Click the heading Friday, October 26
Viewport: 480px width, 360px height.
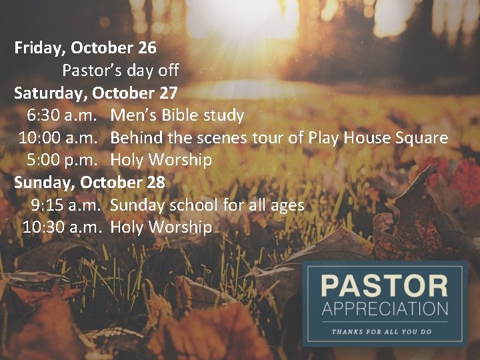85,48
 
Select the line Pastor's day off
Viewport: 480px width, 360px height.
121,70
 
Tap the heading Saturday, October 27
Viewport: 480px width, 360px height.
96,93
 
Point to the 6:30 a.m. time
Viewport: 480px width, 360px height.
63,115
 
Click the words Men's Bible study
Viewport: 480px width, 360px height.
177,115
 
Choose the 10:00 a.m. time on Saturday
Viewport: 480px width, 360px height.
59,138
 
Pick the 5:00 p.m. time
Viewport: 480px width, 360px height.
63,160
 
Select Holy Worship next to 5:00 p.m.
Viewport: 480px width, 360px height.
161,160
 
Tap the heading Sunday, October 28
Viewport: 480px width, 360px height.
89,182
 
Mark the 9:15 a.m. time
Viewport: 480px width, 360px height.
65,205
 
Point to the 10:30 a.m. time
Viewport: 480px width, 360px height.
61,227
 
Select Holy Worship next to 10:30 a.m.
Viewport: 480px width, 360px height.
161,227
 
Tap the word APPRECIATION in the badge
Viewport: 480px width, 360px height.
384,309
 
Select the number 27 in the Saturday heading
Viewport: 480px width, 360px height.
167,93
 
